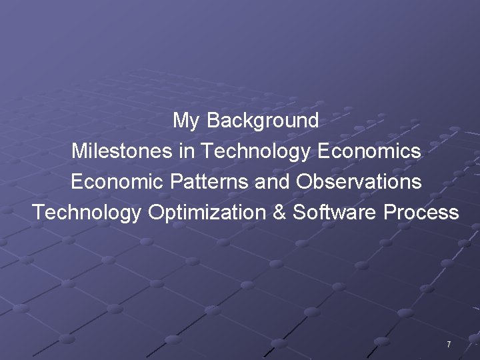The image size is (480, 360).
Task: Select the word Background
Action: click(263, 121)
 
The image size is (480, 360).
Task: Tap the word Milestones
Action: click(123, 151)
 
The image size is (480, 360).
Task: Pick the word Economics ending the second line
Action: click(369, 151)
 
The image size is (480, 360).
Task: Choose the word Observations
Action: click(359, 181)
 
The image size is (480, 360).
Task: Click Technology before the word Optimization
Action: click(87, 213)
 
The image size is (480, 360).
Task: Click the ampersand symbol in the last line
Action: click(279, 213)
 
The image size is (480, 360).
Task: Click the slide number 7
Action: click(449, 345)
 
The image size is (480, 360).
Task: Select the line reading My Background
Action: click(246, 121)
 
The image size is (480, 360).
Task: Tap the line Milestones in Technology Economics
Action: click(246, 151)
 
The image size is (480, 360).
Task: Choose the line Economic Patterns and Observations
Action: click(246, 181)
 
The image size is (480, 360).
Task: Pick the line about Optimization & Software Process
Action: click(246, 213)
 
